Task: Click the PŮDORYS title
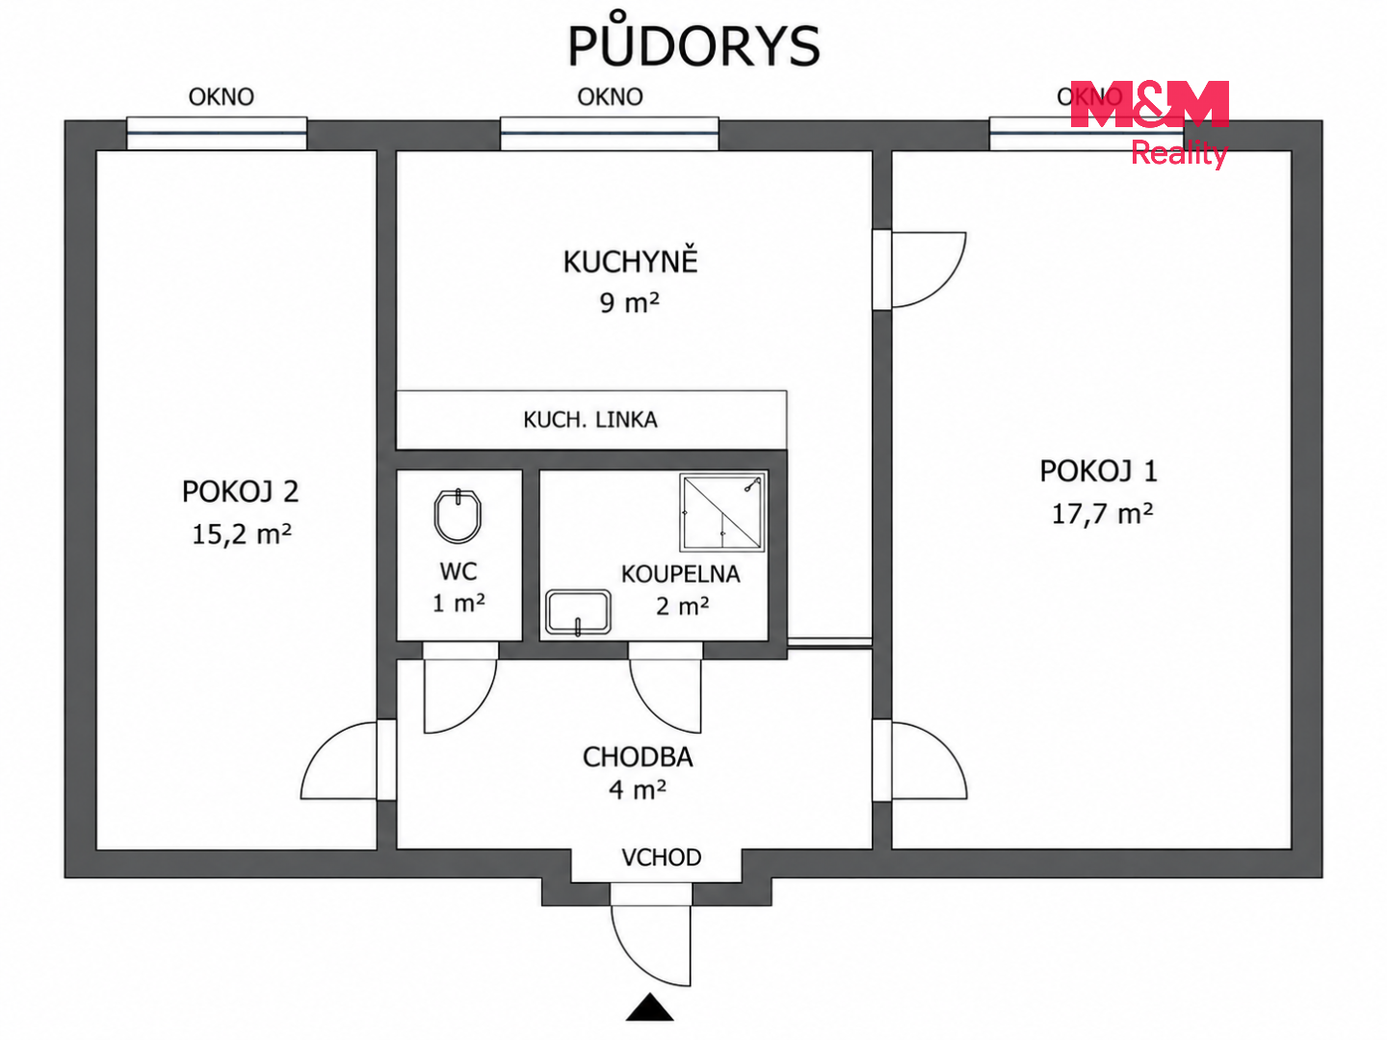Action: point(693,40)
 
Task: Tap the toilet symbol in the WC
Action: point(458,515)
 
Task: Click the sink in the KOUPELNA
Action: point(578,611)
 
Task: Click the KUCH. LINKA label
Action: point(590,420)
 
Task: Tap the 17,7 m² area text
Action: point(1102,514)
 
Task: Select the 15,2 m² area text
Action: point(242,534)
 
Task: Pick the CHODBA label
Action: point(638,757)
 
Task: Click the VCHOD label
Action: point(661,857)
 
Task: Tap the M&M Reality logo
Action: point(1149,124)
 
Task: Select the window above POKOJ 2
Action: point(217,133)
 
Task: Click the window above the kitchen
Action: point(609,133)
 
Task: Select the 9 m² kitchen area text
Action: point(629,303)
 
